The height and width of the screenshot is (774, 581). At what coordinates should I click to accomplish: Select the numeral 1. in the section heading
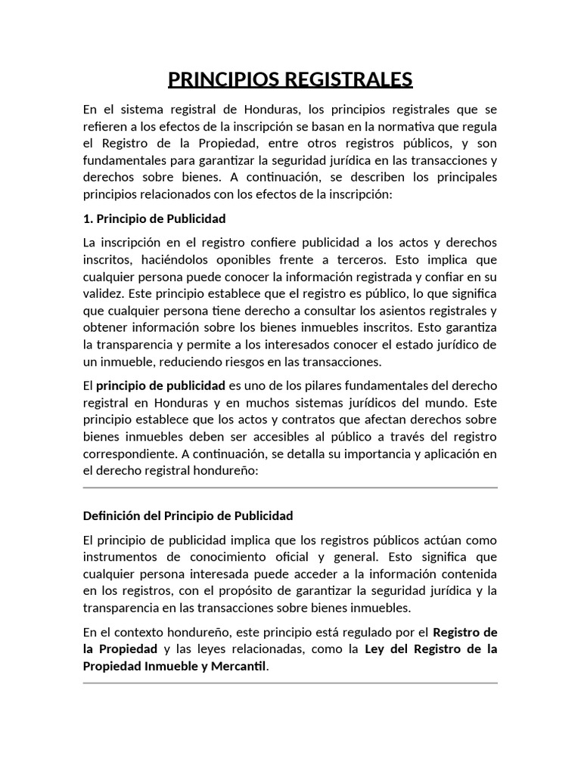(86, 218)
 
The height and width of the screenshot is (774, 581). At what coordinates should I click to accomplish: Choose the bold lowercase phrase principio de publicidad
(160, 385)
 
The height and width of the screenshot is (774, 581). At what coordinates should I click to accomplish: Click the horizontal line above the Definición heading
(290, 488)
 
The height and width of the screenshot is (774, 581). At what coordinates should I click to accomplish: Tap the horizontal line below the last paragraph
(290, 683)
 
